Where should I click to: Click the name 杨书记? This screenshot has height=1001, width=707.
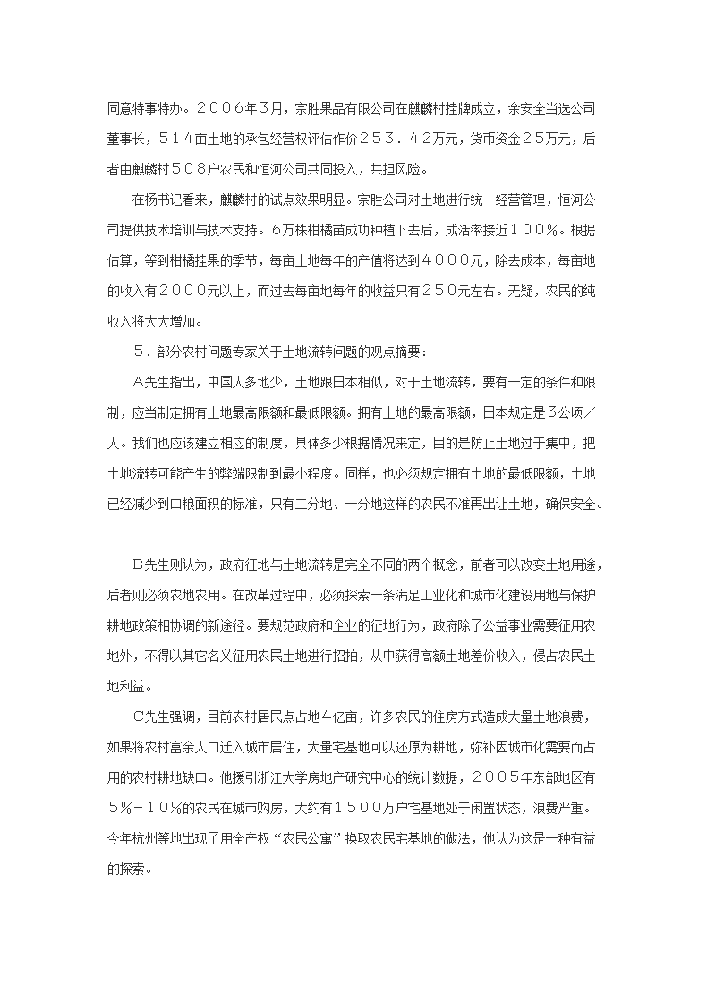[x=166, y=199]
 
